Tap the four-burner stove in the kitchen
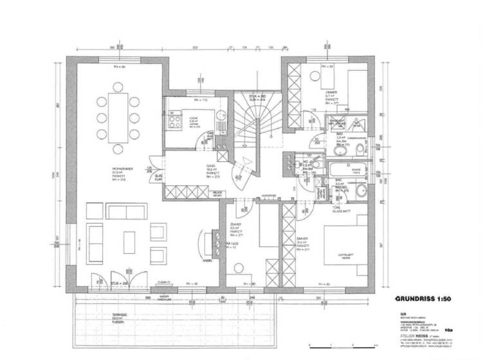pyautogui.click(x=173, y=121)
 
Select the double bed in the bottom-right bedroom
pyautogui.click(x=348, y=252)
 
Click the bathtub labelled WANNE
pyautogui.click(x=347, y=170)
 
